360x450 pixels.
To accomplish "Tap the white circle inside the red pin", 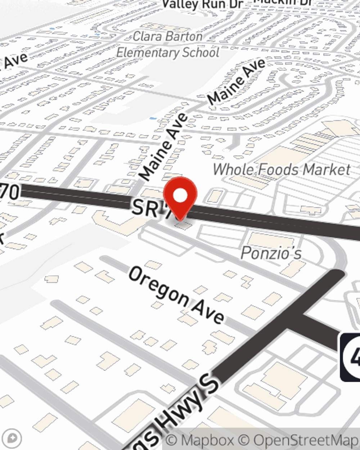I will pyautogui.click(x=180, y=196).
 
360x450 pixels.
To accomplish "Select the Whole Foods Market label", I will pyautogui.click(x=282, y=170).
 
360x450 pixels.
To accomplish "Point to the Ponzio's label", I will pyautogui.click(x=271, y=253).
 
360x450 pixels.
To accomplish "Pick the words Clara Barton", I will pyautogui.click(x=167, y=36).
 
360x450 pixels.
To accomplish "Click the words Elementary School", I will pyautogui.click(x=168, y=53).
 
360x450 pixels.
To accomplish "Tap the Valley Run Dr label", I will pyautogui.click(x=203, y=5).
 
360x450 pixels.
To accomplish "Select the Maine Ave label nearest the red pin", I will pyautogui.click(x=164, y=147).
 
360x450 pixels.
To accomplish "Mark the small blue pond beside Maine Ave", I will pyautogui.click(x=153, y=118).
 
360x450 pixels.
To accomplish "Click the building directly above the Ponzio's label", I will pyautogui.click(x=271, y=240).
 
